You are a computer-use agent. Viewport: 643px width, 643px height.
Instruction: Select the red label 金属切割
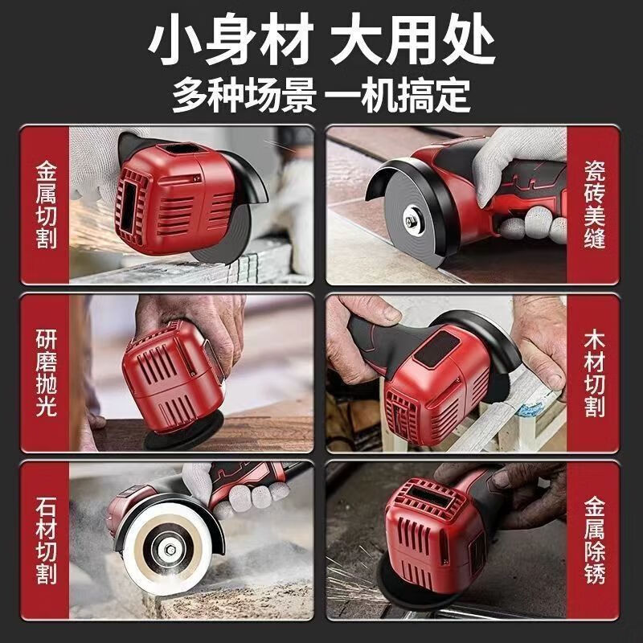47,206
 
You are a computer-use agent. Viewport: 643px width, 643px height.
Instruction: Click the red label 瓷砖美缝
596,206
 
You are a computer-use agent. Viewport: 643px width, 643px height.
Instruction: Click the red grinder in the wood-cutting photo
426,386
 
